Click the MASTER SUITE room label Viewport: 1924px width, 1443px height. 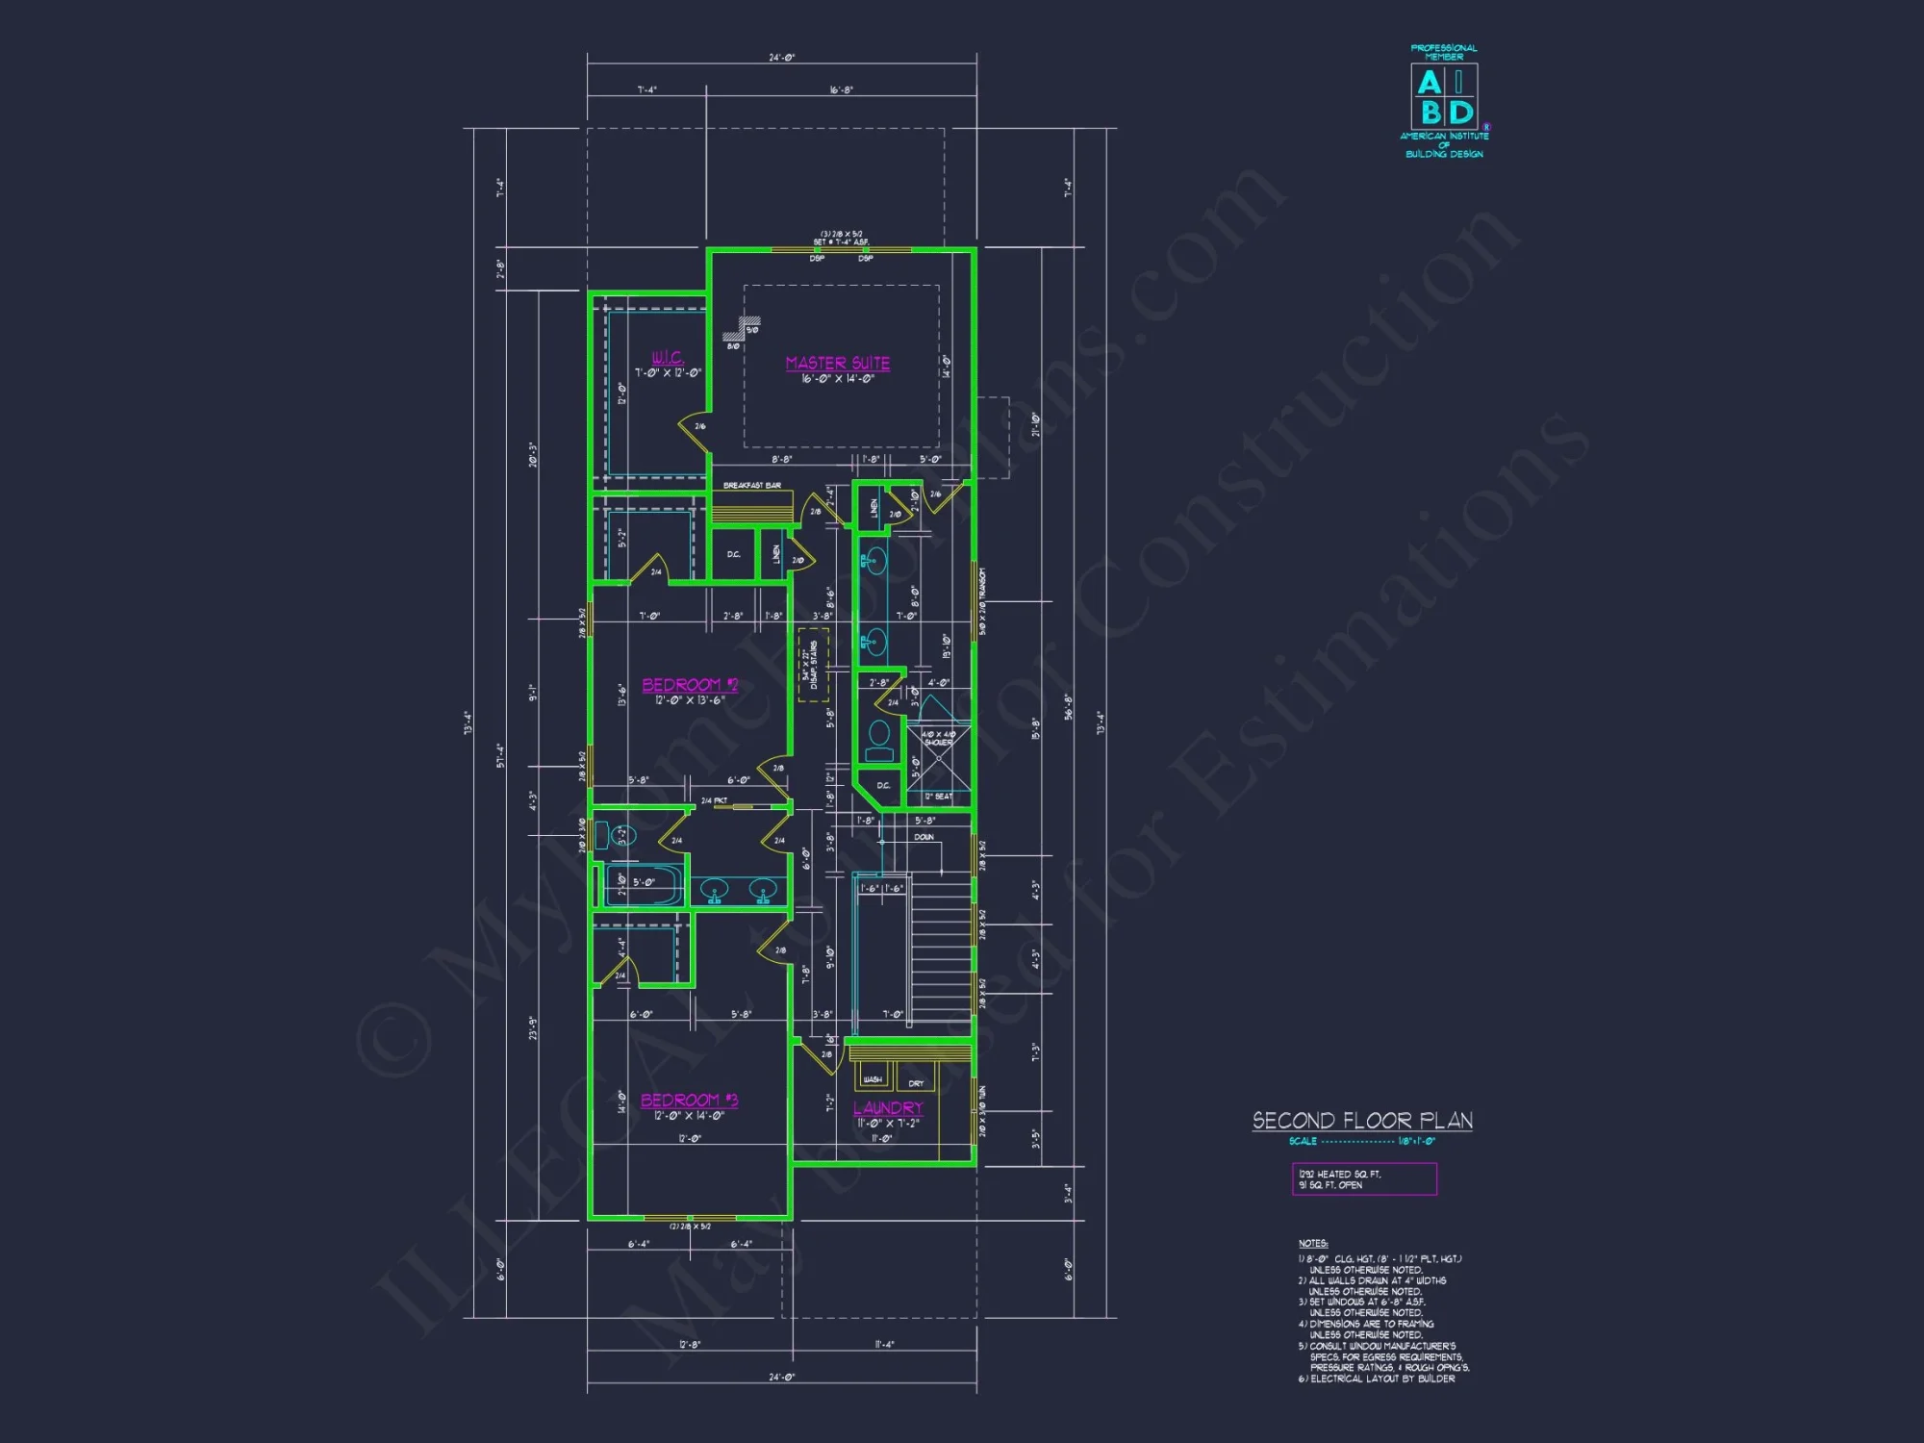click(x=837, y=363)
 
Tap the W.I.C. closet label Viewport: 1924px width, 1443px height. click(x=668, y=357)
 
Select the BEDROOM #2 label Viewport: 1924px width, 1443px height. click(x=689, y=684)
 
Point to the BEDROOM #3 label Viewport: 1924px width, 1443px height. click(x=689, y=1100)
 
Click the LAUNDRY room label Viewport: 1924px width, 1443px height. click(x=888, y=1108)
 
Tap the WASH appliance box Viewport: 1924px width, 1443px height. click(x=873, y=1078)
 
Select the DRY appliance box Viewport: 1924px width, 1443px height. click(x=916, y=1081)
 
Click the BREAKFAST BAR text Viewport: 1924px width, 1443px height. click(x=751, y=486)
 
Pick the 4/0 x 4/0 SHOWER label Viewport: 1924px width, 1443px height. click(x=938, y=738)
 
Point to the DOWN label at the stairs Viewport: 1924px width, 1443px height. click(x=924, y=837)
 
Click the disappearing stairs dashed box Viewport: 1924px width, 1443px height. click(x=813, y=665)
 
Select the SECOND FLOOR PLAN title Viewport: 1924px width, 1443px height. click(x=1362, y=1121)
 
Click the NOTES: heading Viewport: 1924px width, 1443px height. click(x=1312, y=1244)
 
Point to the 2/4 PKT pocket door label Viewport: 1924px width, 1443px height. click(x=714, y=800)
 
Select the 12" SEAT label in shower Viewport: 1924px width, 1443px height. click(x=938, y=797)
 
